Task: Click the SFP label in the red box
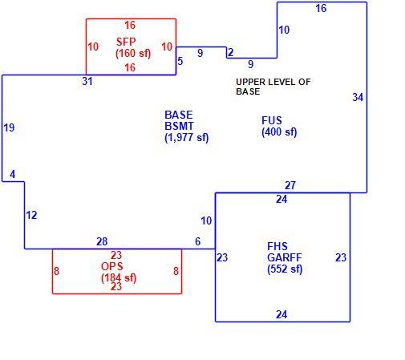coord(126,42)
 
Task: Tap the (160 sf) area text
coord(133,53)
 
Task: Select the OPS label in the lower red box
coord(112,266)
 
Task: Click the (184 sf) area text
coord(119,278)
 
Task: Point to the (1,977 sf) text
coord(187,138)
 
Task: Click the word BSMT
coord(179,126)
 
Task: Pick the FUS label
coord(272,120)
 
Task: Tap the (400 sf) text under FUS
coord(279,132)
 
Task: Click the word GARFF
coord(285,257)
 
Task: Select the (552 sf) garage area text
coord(285,269)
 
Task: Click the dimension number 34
coord(358,97)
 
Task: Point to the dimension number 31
coord(87,81)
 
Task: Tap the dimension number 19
coord(10,127)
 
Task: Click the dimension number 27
coord(290,185)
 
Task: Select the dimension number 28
coord(102,241)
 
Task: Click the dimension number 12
coord(31,215)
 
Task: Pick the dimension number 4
coord(13,175)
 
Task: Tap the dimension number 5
coord(180,61)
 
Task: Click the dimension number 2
coord(231,52)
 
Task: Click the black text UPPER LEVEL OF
coord(273,82)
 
